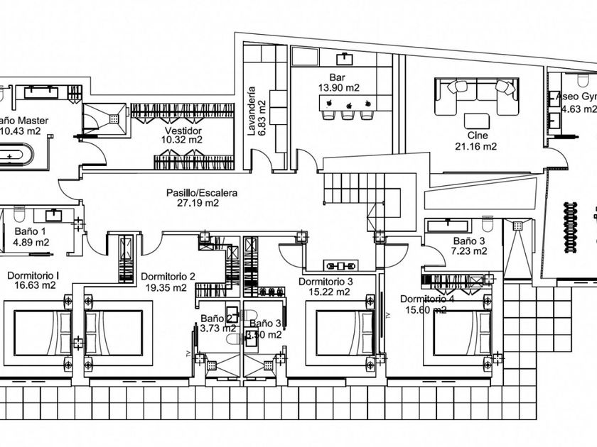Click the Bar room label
(x=336, y=77)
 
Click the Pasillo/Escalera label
(x=202, y=192)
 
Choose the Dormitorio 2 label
(x=168, y=277)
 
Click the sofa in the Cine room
(x=476, y=96)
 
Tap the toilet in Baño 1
(x=19, y=215)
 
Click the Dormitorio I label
(x=33, y=275)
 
